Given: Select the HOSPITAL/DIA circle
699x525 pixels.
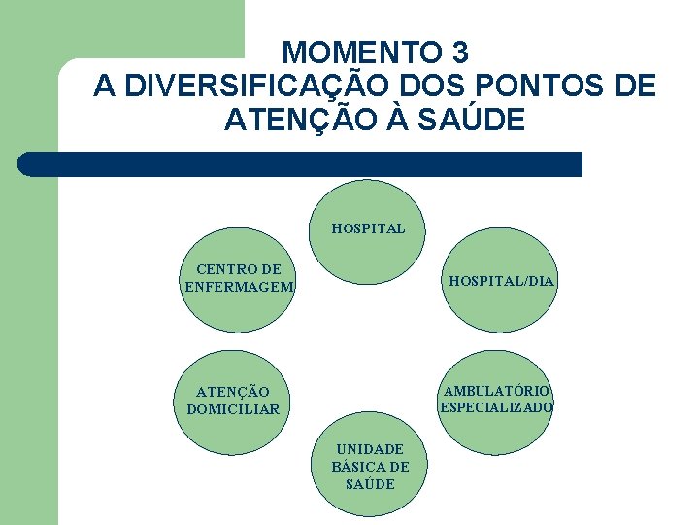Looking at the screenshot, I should tap(501, 280).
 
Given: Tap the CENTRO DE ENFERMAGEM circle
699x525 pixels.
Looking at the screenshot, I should tap(239, 280).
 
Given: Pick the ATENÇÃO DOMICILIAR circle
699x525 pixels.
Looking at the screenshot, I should tap(233, 401).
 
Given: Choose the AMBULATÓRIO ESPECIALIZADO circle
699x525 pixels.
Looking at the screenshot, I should tap(496, 399).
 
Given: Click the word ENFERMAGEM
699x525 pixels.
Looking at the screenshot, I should tap(239, 286).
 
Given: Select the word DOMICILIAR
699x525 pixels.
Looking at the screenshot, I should tap(233, 409).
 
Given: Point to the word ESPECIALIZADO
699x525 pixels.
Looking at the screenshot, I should tap(496, 407).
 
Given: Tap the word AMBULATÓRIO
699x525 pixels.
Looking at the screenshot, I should tap(496, 391).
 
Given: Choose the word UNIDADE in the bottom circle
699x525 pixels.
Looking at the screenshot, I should tap(370, 449).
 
